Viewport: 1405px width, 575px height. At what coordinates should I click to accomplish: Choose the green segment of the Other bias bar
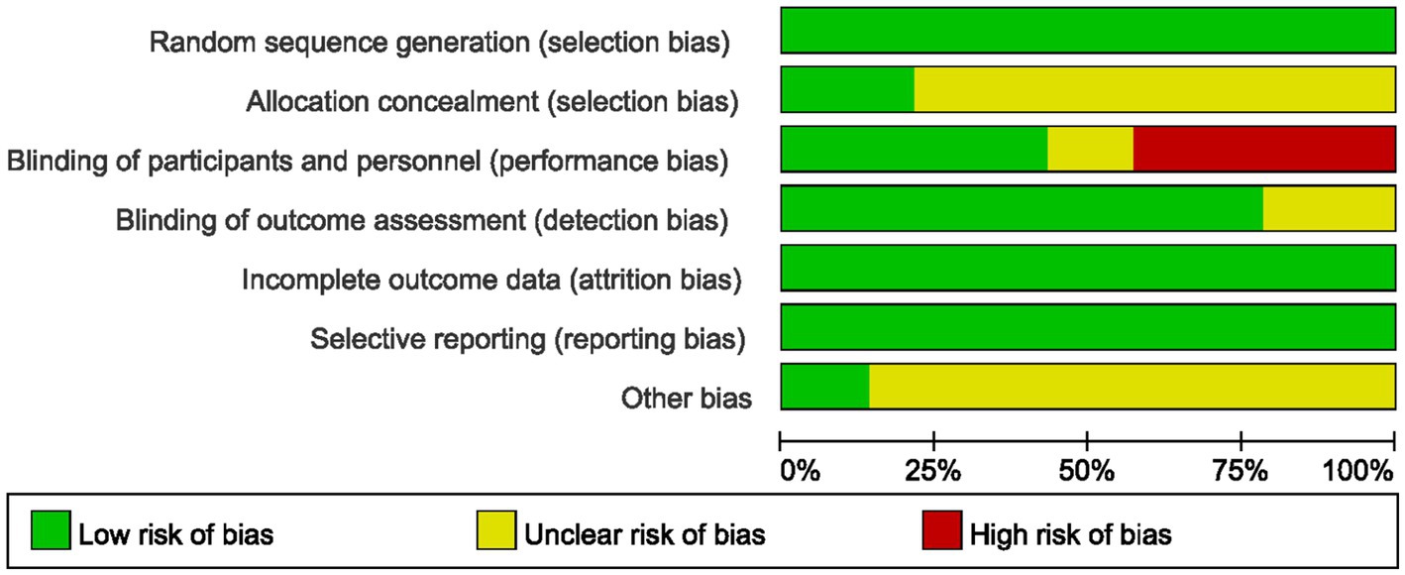pos(825,387)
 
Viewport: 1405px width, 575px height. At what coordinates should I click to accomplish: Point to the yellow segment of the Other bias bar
pos(1133,387)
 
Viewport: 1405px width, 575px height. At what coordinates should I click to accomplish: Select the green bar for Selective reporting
pos(1088,327)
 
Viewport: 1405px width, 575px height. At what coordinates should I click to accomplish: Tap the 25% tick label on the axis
pos(934,471)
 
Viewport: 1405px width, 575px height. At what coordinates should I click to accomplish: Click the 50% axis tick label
pos(1088,471)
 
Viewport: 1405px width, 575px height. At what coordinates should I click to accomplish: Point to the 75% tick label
pos(1241,471)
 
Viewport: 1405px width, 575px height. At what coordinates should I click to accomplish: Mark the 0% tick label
pos(801,471)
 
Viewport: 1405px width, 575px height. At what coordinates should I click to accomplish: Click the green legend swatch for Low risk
pos(51,534)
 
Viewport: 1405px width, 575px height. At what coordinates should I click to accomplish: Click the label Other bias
pos(687,400)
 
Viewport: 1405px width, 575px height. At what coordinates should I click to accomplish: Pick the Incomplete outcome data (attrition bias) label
pos(491,281)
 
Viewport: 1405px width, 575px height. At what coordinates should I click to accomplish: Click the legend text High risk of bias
pos(1071,535)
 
